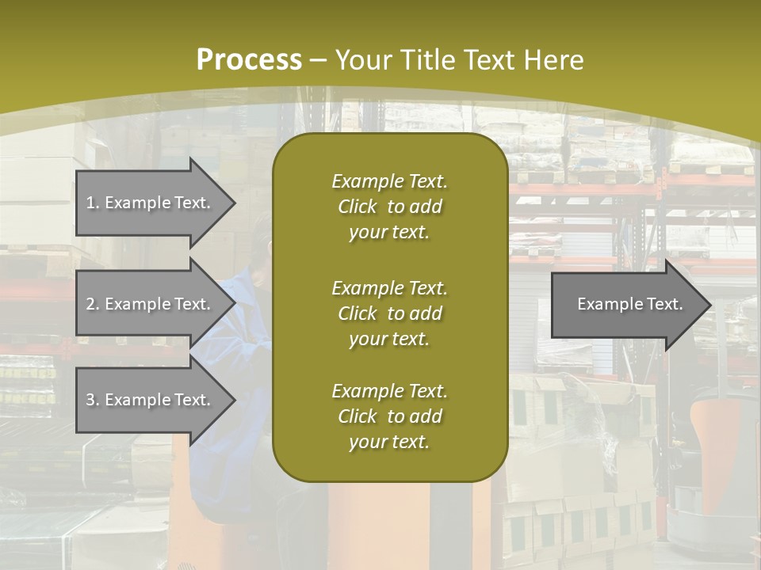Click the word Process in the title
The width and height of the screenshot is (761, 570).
pos(249,60)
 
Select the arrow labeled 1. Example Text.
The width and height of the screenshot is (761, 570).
pos(151,203)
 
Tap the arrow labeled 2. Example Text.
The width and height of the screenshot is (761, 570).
pos(151,304)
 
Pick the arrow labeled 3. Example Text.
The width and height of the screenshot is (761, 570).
pos(151,400)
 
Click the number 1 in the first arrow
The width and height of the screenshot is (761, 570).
pos(90,203)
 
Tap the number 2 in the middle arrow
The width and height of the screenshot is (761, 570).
pos(90,304)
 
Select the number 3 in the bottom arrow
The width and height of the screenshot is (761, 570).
pos(90,400)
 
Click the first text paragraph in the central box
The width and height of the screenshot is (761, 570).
pos(389,207)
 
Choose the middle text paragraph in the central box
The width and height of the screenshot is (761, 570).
pos(389,313)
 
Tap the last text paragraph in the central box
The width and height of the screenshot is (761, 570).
pos(389,416)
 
